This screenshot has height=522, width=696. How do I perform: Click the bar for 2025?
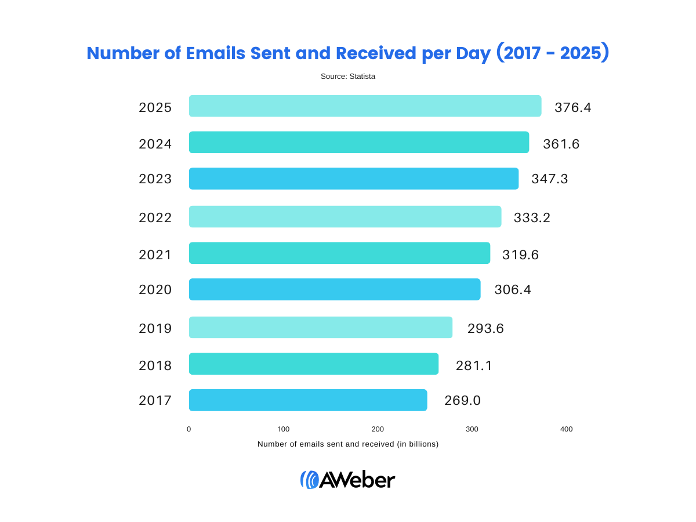[365, 106]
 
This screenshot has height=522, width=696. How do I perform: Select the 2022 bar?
[345, 216]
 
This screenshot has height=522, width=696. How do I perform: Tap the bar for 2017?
[308, 400]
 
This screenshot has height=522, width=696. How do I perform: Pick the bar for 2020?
[335, 289]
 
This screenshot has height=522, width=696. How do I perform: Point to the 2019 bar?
[321, 327]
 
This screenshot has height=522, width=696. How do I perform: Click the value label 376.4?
[572, 107]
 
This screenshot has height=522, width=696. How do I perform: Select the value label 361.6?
[561, 144]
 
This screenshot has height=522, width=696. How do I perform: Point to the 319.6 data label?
[520, 255]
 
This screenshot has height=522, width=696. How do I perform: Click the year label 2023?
[155, 179]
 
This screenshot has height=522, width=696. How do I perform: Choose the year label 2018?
[155, 365]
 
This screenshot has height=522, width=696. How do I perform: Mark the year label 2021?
[155, 255]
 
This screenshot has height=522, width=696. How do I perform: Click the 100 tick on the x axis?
[283, 429]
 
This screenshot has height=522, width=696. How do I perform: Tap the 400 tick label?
[566, 429]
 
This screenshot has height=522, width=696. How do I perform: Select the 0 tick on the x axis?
[189, 429]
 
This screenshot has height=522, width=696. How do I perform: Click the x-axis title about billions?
[348, 444]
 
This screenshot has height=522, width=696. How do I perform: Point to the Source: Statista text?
[348, 76]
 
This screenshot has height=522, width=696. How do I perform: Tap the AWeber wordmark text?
[357, 480]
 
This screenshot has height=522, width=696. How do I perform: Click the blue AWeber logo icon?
[309, 480]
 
